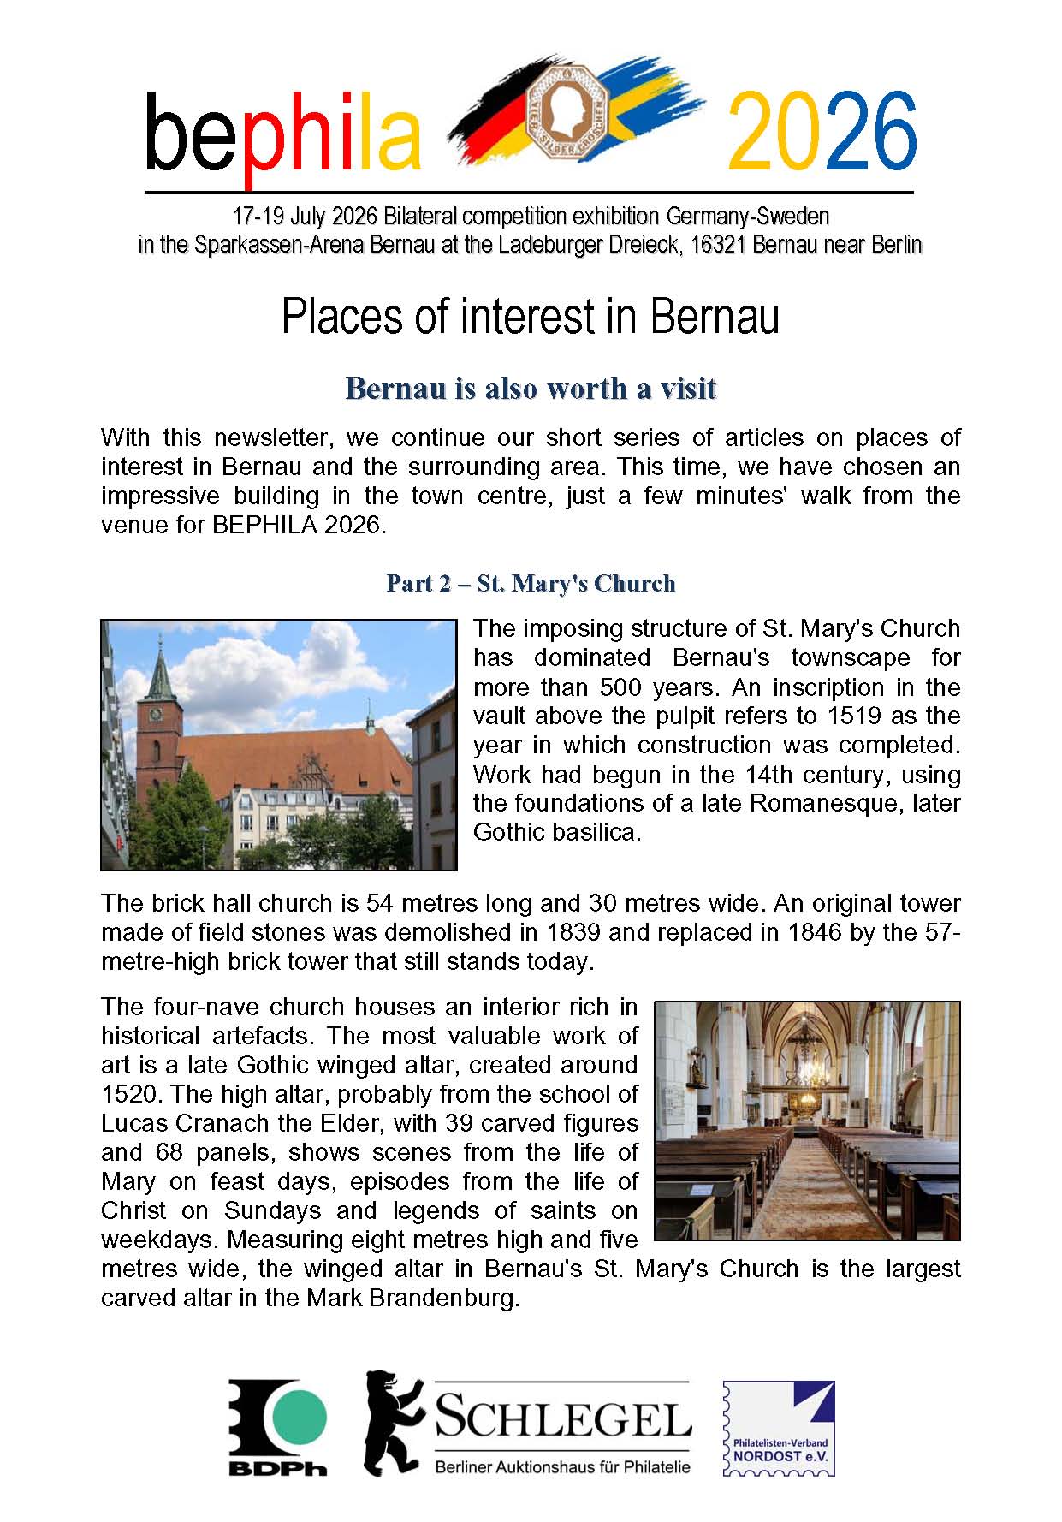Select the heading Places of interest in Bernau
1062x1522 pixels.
click(530, 317)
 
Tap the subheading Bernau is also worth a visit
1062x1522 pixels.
click(530, 389)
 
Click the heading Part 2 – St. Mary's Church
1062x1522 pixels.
click(531, 584)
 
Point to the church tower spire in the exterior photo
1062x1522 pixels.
click(160, 668)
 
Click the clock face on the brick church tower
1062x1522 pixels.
click(155, 713)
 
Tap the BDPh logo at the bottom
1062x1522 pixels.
click(277, 1429)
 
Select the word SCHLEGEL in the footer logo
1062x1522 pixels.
click(562, 1420)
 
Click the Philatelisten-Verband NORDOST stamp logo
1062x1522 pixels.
click(779, 1429)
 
